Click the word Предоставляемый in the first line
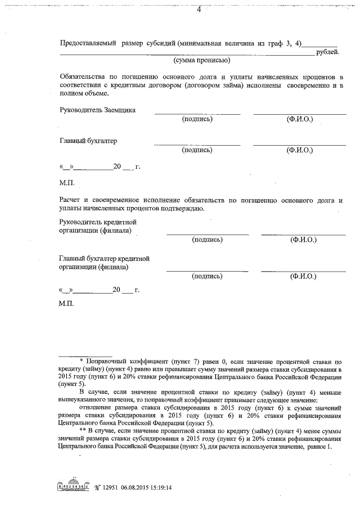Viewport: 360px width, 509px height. click(x=88, y=43)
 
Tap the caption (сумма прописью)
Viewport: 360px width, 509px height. click(x=200, y=60)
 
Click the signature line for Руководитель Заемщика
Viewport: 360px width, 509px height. click(x=197, y=114)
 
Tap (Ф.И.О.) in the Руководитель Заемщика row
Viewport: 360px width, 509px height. click(x=300, y=120)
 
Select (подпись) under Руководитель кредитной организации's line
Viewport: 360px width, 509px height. click(x=207, y=240)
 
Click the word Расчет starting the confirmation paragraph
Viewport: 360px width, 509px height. click(x=70, y=200)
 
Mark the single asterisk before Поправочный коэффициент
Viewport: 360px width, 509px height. click(x=82, y=361)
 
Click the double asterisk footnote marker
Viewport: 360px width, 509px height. click(x=82, y=431)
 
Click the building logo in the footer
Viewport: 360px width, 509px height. click(x=73, y=488)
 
